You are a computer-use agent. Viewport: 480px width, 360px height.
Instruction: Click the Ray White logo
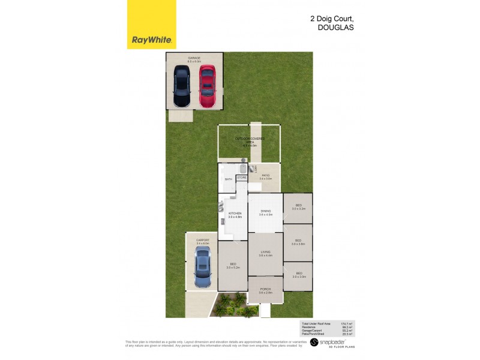(152, 25)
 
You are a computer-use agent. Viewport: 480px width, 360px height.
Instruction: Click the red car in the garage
(207, 85)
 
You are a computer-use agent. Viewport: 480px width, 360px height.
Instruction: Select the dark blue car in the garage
(182, 86)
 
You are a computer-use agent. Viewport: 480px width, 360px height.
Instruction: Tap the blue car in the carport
(202, 267)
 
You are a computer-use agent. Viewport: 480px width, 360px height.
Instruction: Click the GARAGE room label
(194, 58)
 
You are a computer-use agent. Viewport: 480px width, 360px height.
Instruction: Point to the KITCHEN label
(235, 214)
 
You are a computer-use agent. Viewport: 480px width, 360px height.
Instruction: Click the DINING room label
(266, 211)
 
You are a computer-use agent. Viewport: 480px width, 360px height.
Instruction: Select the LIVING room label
(266, 252)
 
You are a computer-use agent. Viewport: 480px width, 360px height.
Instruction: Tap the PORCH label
(266, 290)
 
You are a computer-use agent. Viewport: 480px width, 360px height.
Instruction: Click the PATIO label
(266, 176)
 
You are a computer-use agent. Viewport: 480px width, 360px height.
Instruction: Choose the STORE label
(242, 178)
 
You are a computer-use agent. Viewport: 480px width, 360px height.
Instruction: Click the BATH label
(228, 179)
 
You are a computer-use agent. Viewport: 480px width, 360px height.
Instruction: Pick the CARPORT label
(202, 239)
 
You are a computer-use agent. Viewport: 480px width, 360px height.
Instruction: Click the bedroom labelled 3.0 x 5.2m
(233, 265)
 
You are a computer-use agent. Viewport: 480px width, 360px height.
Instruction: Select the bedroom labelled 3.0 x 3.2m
(298, 207)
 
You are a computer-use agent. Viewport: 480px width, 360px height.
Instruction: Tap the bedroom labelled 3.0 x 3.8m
(298, 242)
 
